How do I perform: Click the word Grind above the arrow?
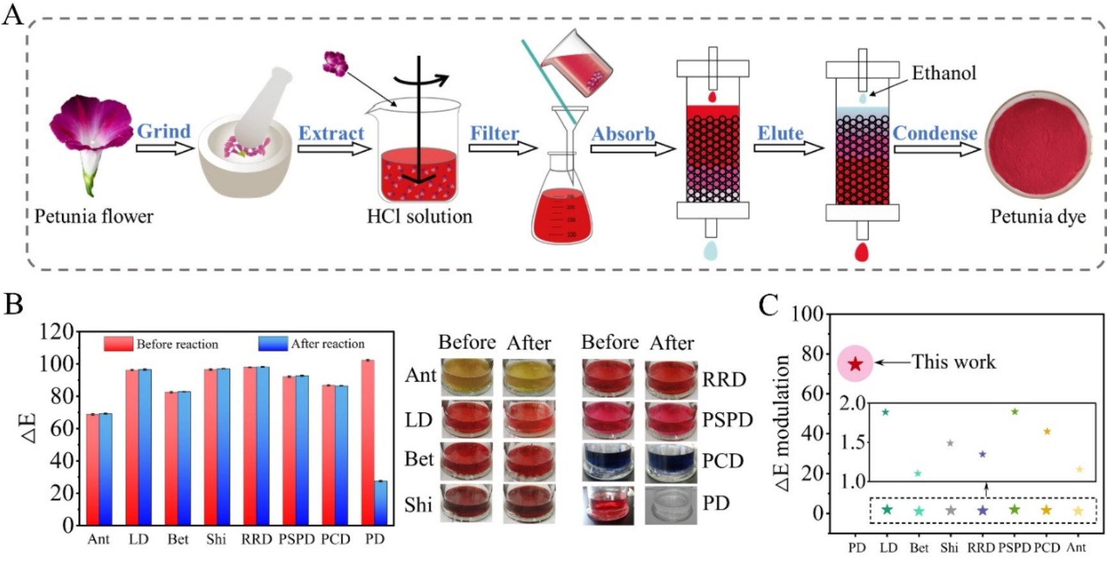[164, 131]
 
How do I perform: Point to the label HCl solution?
[419, 217]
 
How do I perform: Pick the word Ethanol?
[944, 73]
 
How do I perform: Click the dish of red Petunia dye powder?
[1037, 146]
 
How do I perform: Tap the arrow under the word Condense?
[936, 149]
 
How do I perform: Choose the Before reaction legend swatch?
[118, 344]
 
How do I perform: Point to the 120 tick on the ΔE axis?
[56, 331]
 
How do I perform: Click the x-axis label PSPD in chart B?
[296, 539]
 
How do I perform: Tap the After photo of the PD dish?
[670, 505]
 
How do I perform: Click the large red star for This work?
[856, 364]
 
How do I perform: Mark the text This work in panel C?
[953, 362]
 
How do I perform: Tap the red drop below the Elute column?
[862, 251]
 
